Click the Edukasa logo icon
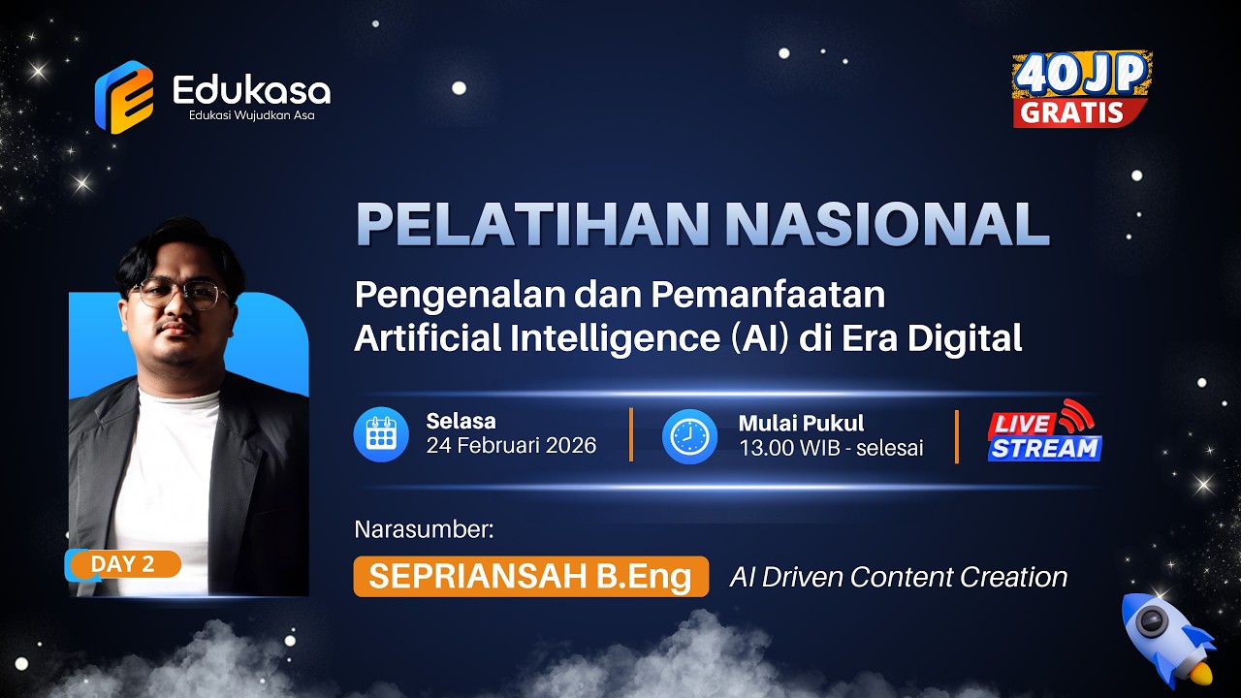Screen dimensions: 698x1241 click(123, 97)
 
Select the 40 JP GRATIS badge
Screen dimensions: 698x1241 click(1082, 89)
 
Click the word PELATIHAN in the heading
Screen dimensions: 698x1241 click(532, 224)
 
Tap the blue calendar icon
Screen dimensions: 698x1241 click(381, 434)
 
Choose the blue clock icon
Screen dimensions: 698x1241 click(689, 436)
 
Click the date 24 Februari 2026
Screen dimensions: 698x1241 click(511, 446)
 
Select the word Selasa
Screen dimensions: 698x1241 click(461, 421)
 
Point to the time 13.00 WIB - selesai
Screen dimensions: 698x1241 click(831, 448)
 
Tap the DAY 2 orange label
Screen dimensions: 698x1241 click(123, 564)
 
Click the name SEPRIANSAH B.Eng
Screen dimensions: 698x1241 click(530, 577)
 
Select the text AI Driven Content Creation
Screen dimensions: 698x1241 click(898, 577)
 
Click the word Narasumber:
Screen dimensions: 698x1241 click(425, 529)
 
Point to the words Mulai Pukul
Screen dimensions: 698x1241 click(801, 423)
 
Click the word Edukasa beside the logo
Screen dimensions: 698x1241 click(251, 90)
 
